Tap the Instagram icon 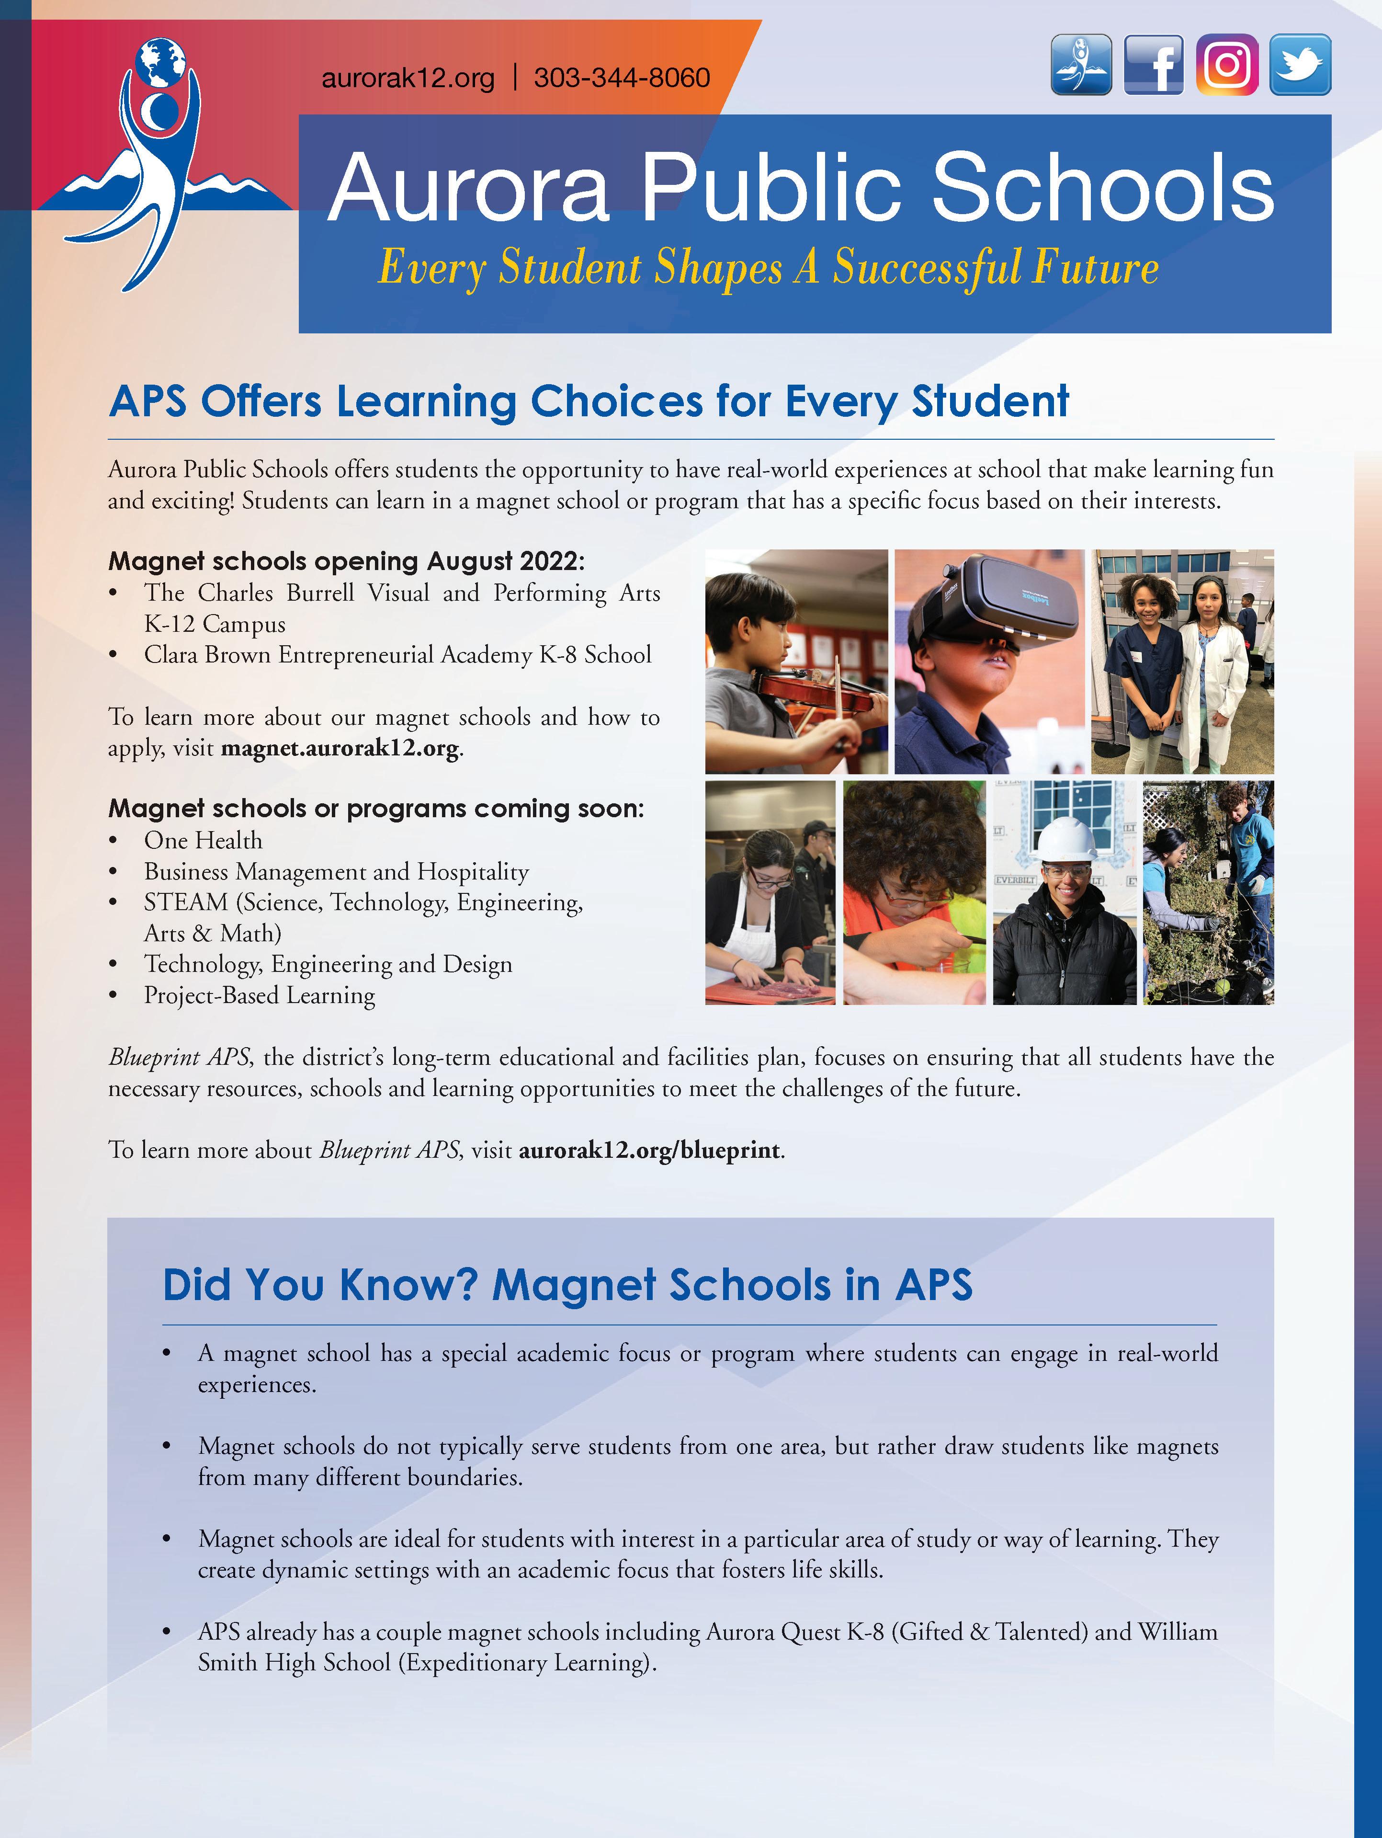(1227, 65)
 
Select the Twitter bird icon (1300, 65)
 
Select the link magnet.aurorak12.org (340, 749)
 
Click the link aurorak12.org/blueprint (649, 1150)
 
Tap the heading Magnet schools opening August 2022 (346, 562)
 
